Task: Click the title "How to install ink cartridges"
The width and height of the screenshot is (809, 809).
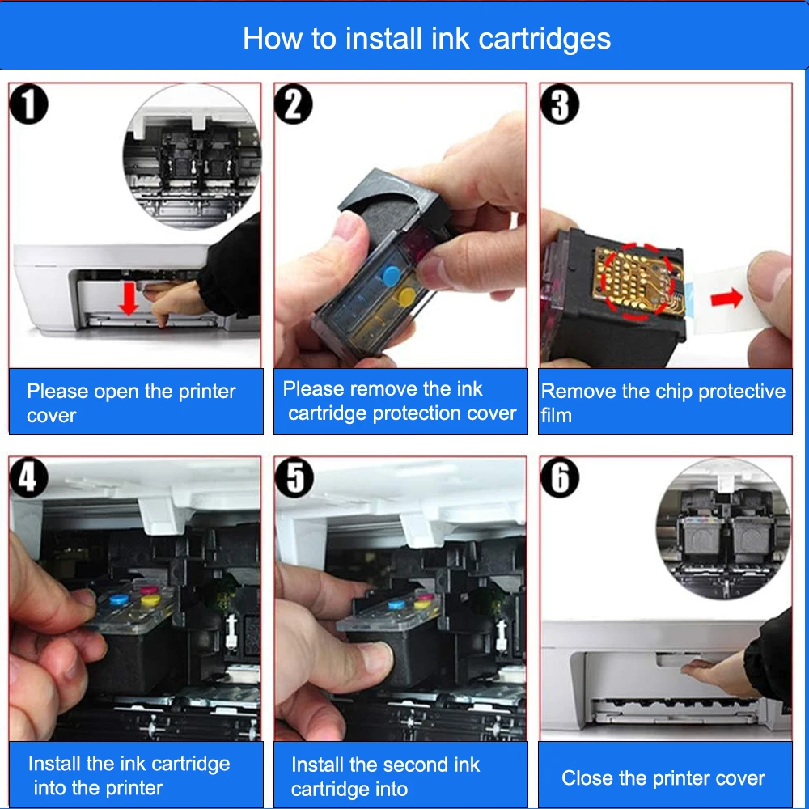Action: click(x=426, y=39)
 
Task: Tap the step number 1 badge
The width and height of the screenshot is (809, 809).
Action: click(x=29, y=104)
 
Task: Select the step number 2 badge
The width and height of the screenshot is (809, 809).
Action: click(x=294, y=104)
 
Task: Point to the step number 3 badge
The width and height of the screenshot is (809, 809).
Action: click(x=560, y=104)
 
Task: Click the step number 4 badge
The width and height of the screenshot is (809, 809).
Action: click(x=29, y=477)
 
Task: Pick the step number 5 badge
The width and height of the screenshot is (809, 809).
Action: click(x=294, y=477)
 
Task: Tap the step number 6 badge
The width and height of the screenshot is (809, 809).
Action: click(x=560, y=477)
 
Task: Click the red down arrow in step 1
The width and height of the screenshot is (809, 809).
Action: click(x=128, y=299)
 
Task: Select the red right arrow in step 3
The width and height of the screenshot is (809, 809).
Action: click(x=726, y=299)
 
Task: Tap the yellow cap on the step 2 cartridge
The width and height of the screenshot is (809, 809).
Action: click(x=408, y=295)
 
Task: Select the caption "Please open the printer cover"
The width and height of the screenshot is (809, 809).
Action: click(x=131, y=403)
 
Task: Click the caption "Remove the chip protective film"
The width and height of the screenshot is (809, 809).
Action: click(x=663, y=403)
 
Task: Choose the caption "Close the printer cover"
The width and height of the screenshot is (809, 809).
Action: click(x=663, y=778)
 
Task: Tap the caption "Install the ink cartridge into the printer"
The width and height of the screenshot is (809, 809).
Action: click(x=129, y=776)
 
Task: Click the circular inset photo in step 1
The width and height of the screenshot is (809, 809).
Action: click(x=192, y=156)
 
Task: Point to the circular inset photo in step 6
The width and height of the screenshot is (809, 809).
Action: click(x=723, y=529)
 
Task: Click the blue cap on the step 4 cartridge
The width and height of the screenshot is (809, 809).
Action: click(x=120, y=599)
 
